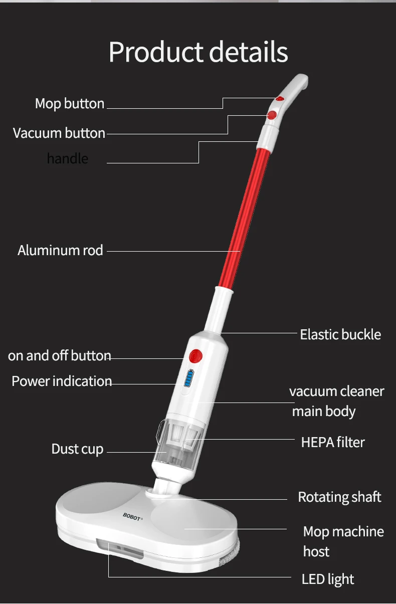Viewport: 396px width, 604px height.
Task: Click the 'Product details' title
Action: (198, 52)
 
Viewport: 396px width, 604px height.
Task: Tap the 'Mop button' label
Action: (70, 104)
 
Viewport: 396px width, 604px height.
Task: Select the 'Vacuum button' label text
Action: (59, 133)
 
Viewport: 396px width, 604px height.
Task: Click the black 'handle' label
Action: (67, 159)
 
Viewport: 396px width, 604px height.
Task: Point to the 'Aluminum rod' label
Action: (60, 250)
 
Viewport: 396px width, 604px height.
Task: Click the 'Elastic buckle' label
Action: (340, 334)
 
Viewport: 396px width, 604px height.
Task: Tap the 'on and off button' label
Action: (59, 356)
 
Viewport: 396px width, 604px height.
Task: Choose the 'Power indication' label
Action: (62, 381)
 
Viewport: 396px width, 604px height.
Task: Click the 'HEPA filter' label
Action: (333, 442)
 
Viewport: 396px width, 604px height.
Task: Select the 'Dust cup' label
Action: (77, 449)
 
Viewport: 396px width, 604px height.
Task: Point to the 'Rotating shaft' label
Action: (339, 497)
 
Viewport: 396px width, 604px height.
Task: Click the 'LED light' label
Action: (328, 579)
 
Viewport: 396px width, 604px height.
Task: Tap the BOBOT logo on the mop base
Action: (133, 516)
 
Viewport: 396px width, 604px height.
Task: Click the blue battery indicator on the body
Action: (188, 379)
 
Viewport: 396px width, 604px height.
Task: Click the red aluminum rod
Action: (246, 216)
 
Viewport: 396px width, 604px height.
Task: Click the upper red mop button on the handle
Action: (279, 99)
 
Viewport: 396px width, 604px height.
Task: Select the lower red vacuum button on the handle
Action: (272, 116)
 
